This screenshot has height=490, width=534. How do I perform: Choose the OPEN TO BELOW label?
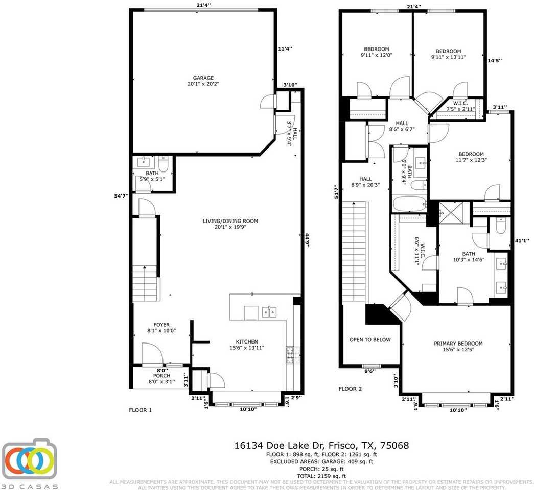click(370, 340)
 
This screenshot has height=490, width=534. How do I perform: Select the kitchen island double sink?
click(269, 312)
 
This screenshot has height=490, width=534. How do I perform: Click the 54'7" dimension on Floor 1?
click(122, 195)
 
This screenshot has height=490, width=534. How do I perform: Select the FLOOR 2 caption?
click(350, 389)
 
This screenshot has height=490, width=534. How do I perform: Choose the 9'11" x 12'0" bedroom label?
click(376, 52)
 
